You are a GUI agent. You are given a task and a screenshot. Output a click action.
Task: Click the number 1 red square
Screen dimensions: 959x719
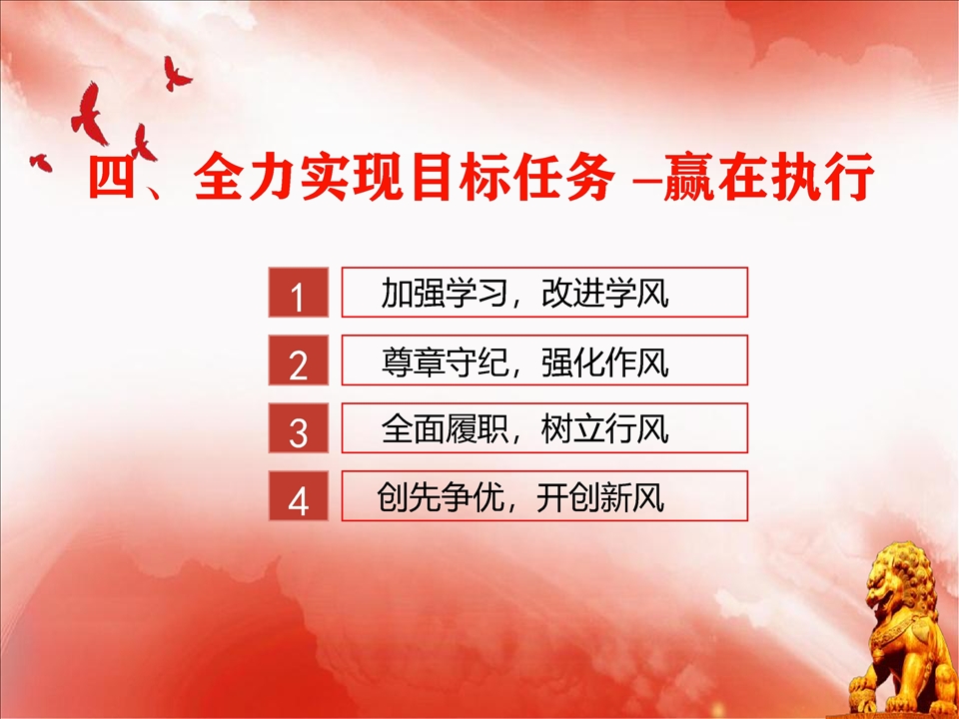[x=299, y=293]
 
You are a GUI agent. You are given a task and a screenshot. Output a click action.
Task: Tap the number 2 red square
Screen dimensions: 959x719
[x=299, y=360]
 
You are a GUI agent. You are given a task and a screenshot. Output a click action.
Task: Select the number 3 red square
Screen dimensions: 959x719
[x=299, y=428]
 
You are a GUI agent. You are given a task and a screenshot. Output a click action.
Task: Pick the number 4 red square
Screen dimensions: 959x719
[x=299, y=496]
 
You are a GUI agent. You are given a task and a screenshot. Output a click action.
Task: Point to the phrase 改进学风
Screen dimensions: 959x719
[x=605, y=293]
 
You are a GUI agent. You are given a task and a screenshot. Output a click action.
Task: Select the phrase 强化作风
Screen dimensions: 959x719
[x=605, y=361]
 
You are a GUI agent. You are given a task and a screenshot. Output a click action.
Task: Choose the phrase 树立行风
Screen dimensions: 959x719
[x=605, y=428]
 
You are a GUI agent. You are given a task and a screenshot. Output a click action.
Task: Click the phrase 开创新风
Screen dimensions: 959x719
[x=600, y=496]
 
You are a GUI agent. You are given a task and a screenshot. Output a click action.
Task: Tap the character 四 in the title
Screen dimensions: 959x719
[x=111, y=177]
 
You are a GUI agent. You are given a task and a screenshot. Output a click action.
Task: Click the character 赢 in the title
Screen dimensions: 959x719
[x=688, y=177]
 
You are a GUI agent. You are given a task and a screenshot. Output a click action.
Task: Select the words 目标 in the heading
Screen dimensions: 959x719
[x=462, y=177]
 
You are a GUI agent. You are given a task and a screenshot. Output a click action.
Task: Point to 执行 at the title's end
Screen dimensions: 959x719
[x=821, y=177]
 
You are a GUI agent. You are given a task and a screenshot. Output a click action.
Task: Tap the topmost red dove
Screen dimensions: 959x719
[x=176, y=74]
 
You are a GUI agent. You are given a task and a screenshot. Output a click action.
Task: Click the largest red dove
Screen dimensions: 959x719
[x=89, y=114]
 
